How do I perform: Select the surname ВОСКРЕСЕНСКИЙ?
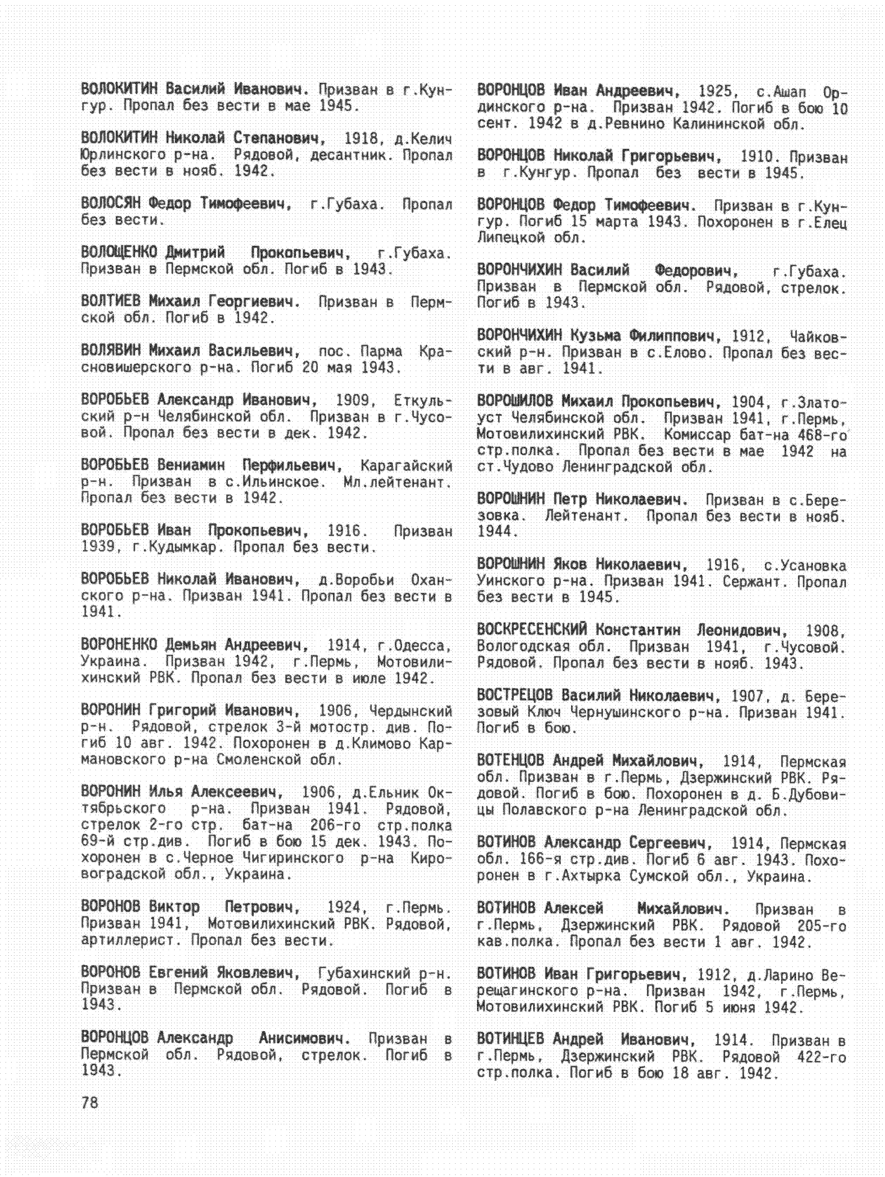click(532, 630)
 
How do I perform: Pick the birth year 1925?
click(715, 91)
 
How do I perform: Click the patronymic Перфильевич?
click(291, 465)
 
